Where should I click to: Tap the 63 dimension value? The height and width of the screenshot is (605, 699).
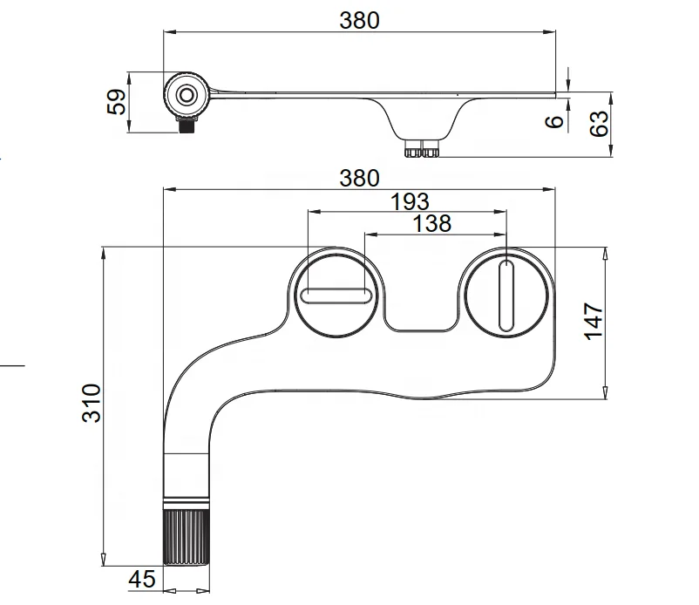[x=598, y=125]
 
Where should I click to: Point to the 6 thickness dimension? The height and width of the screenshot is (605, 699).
[x=552, y=120]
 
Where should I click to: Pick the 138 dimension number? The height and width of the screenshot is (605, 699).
[x=431, y=223]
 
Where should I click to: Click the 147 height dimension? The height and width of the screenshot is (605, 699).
[x=593, y=322]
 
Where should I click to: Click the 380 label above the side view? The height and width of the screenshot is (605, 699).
[x=359, y=20]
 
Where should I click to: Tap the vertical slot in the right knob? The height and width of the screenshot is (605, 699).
[x=506, y=292]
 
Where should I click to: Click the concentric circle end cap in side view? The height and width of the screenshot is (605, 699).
[x=187, y=93]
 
